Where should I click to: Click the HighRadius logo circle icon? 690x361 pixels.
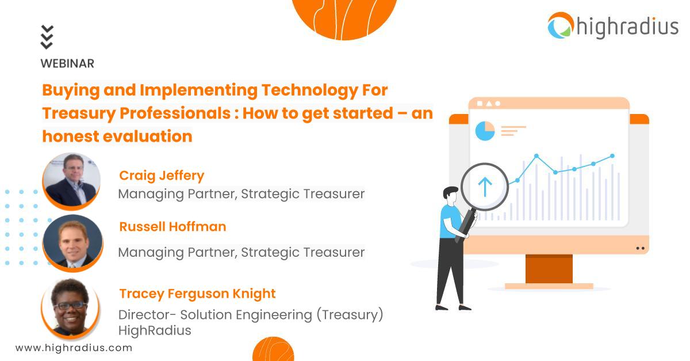561,26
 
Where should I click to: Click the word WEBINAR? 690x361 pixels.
67,63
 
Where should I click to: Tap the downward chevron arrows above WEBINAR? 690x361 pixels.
47,37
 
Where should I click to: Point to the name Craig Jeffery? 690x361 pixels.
162,175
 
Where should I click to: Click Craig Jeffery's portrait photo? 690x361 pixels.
71,180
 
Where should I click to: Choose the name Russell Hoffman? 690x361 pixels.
172,227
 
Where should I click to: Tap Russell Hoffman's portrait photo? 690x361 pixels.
72,242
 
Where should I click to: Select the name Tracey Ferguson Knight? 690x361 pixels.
197,294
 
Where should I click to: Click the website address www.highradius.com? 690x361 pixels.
74,348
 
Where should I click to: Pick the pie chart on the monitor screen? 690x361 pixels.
485,131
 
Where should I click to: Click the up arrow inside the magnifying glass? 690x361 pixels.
485,186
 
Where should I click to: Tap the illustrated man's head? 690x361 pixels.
450,196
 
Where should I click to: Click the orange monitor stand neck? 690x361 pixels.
549,268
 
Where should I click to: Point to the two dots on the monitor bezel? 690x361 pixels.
641,248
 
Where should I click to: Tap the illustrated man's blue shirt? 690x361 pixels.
450,222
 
